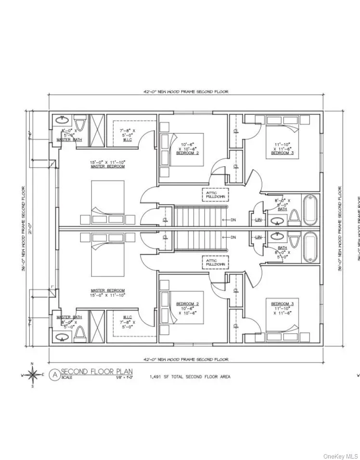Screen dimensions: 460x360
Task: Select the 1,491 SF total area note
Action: [x=190, y=377]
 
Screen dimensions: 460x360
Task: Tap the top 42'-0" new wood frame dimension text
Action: [x=185, y=92]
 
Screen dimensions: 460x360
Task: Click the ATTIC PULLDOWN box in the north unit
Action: [x=215, y=194]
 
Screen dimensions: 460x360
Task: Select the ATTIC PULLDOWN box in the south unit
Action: [x=215, y=263]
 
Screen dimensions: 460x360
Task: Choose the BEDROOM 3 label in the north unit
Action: [x=283, y=153]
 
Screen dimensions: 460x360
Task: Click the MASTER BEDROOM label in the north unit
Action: [x=107, y=167]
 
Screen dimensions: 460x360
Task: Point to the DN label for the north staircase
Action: [x=233, y=221]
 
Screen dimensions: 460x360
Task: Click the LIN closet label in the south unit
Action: [x=258, y=237]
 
